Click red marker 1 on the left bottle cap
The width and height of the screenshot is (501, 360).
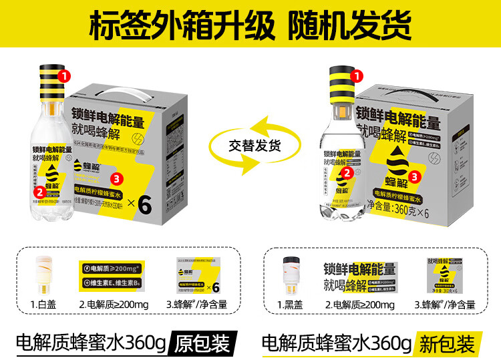point(65,76)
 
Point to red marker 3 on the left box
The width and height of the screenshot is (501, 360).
point(117,178)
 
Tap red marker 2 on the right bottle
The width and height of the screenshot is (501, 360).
point(346,172)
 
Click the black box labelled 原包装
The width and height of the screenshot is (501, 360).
point(202,343)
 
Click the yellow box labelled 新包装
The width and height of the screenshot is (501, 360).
point(447,343)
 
